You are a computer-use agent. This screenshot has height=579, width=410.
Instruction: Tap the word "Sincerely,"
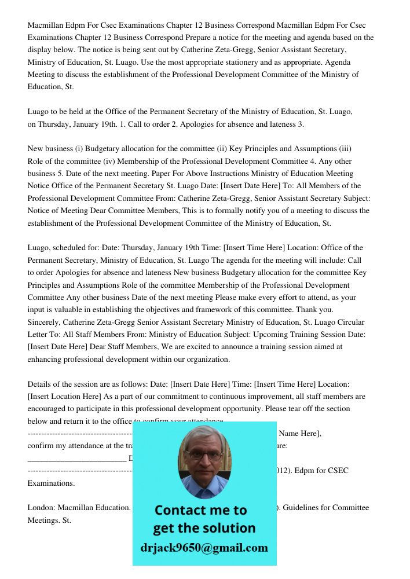[x=44, y=322]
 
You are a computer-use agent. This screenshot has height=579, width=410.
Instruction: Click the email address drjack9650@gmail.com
[x=204, y=548]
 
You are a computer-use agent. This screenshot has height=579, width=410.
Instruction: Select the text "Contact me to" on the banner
[x=201, y=510]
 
